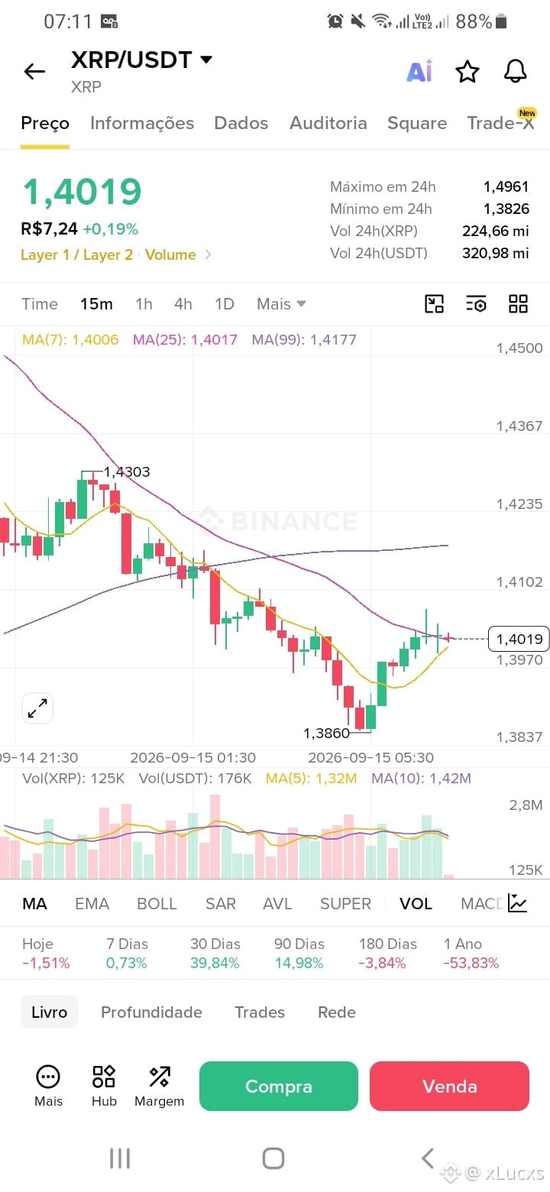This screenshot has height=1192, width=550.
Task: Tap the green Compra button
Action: (279, 1086)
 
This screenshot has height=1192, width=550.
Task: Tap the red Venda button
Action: (449, 1086)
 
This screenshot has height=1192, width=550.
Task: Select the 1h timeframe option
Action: (144, 304)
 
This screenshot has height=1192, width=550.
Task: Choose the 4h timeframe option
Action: (183, 304)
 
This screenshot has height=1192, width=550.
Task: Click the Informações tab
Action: (142, 123)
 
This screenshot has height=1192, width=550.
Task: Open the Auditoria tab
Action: (328, 123)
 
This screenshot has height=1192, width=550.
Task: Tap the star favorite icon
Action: (467, 72)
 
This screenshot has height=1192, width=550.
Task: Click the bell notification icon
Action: (515, 71)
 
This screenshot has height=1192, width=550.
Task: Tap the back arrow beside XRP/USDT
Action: (34, 71)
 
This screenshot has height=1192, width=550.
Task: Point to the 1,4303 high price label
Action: (127, 471)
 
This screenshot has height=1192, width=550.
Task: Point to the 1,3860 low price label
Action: (326, 734)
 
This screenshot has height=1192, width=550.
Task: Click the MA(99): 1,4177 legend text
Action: (304, 339)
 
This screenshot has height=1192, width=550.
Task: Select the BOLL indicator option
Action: (157, 904)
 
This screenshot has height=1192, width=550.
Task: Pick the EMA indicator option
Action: (92, 904)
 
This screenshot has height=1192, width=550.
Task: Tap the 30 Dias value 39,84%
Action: (215, 963)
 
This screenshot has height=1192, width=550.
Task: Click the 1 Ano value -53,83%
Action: (471, 963)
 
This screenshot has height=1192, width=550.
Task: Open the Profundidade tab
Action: (151, 1012)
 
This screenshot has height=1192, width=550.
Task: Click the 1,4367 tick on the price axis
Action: (519, 426)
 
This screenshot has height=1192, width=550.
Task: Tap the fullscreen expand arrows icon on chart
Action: (37, 708)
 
